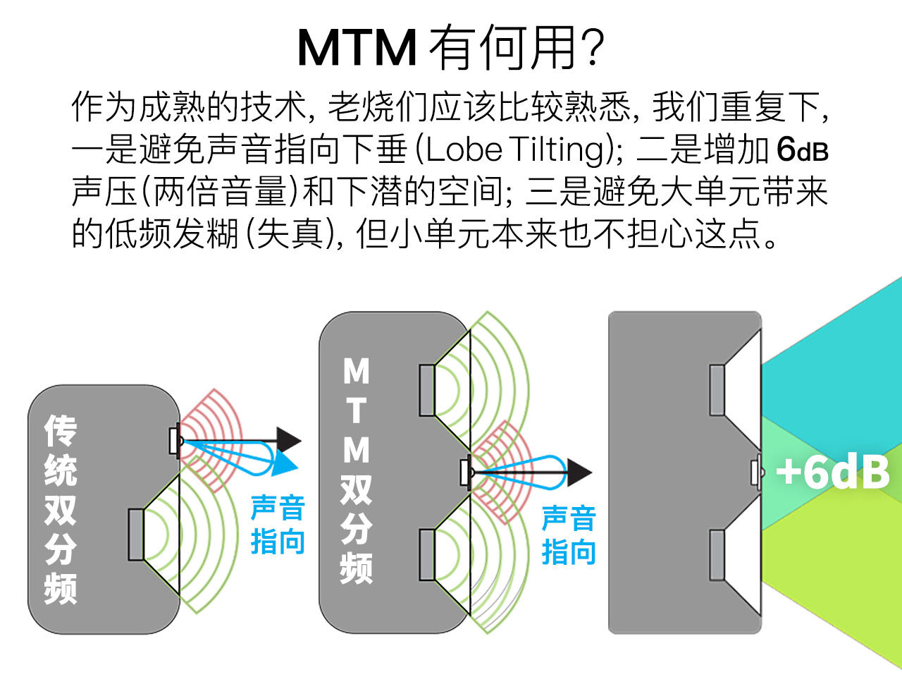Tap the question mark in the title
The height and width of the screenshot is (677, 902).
coord(593,48)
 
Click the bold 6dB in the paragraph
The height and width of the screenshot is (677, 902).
coord(802,150)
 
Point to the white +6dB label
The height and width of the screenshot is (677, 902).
coord(832,472)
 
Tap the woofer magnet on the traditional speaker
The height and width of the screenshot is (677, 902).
coord(136,534)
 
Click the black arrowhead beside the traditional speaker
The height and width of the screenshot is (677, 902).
coord(289,440)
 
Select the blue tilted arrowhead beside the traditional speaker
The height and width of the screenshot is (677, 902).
coord(285,463)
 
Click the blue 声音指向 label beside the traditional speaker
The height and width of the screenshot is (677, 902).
coord(278,525)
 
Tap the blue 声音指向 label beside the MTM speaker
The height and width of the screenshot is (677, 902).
coord(569,535)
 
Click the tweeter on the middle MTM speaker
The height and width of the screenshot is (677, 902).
coord(465,472)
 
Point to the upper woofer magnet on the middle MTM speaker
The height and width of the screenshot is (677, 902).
coord(426,390)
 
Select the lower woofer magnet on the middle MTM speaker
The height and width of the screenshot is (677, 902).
coord(426,554)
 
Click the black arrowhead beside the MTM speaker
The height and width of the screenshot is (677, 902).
coord(579,472)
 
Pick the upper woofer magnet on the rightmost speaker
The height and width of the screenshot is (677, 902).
coord(717,390)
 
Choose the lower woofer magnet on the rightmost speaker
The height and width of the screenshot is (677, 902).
coord(717,555)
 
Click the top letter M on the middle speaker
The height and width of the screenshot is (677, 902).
coord(356,371)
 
